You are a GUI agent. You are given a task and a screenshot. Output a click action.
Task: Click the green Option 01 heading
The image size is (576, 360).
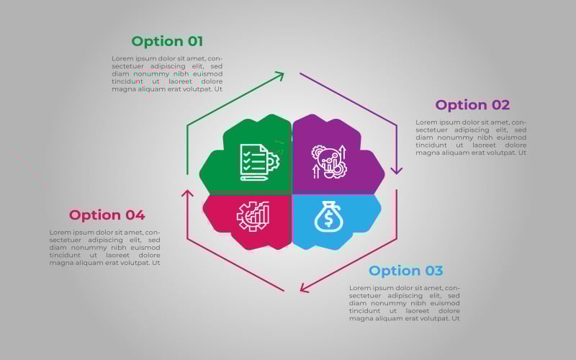167,41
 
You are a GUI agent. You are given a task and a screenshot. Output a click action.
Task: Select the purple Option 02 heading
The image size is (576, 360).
472,105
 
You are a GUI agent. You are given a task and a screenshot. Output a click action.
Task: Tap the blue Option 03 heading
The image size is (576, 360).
406,271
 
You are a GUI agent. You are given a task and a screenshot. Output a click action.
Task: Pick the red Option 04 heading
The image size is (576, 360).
107,215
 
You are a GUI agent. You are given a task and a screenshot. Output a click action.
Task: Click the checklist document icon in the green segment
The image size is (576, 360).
258,161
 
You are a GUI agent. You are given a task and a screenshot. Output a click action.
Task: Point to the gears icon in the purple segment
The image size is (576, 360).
328,161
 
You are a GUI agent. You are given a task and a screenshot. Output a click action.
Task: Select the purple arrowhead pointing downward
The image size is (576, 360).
396,170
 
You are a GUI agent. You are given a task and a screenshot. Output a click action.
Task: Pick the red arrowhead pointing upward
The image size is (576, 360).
187,194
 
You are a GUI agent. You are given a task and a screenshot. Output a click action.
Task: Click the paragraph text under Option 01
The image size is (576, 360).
167,74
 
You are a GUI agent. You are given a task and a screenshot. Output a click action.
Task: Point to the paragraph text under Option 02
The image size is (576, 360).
471,138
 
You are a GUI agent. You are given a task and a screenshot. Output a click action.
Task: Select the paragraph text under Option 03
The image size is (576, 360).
405,303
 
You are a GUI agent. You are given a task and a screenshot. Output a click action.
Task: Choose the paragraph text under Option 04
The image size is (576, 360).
105,248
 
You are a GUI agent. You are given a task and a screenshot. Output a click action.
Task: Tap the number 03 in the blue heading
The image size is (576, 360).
433,271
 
